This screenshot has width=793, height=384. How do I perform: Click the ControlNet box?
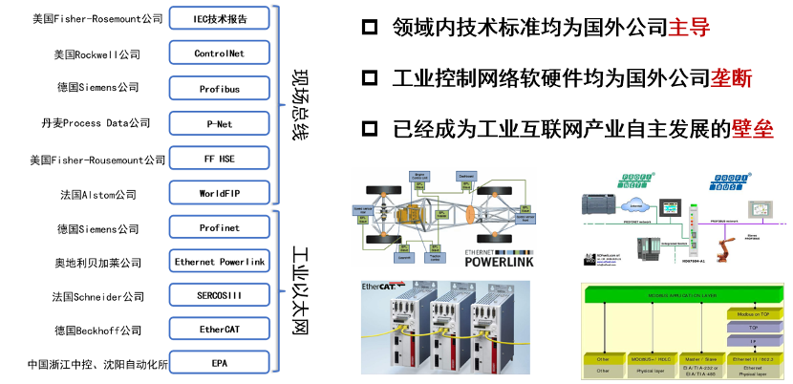[x=219, y=53]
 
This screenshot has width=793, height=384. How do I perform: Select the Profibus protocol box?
[x=219, y=89]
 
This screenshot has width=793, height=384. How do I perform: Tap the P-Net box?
[x=219, y=123]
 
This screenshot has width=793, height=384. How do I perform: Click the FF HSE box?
[x=219, y=159]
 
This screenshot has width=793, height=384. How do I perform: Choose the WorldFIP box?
[x=219, y=194]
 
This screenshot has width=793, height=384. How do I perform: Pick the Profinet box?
[x=219, y=228]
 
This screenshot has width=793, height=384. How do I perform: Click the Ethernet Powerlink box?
[x=219, y=262]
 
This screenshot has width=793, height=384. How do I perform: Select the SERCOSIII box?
[x=219, y=296]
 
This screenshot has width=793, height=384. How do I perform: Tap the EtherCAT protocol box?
[x=219, y=331]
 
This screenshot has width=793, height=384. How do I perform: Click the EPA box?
[x=219, y=365]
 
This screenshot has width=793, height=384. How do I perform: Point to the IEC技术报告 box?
[x=219, y=18]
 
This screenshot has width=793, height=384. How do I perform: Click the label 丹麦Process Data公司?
[x=95, y=123]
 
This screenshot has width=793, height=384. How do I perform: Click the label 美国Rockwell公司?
[x=96, y=54]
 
